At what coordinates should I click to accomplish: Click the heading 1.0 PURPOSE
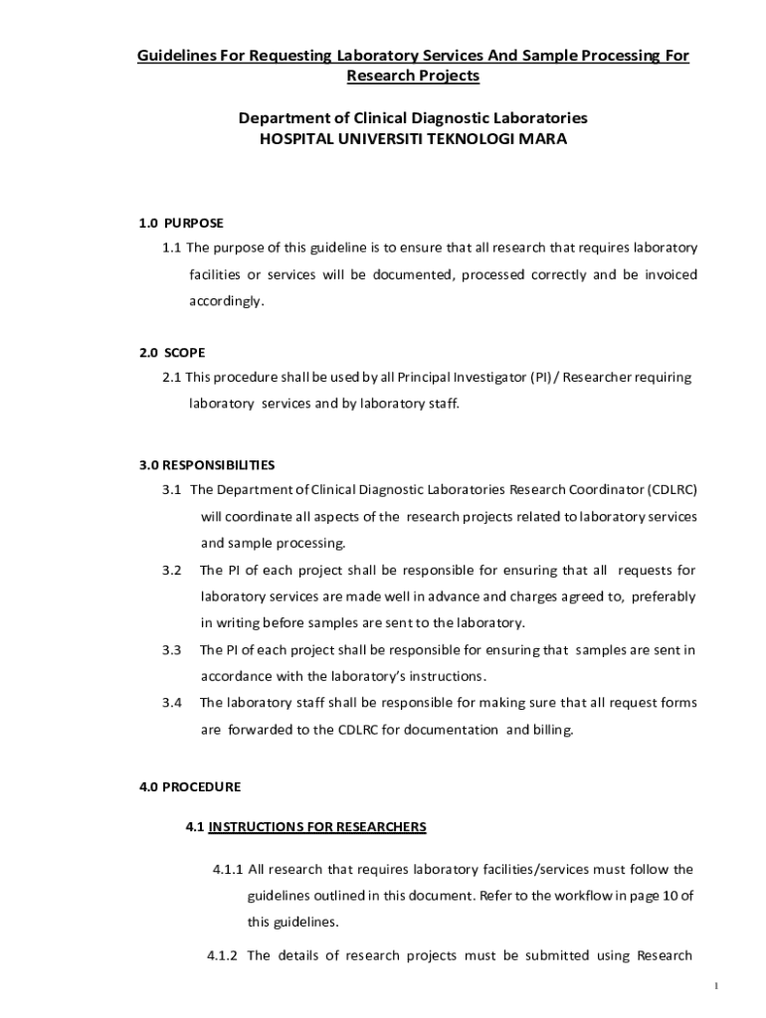click(181, 223)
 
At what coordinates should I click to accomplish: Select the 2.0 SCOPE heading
click(172, 353)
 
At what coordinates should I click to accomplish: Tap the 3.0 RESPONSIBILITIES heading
click(207, 464)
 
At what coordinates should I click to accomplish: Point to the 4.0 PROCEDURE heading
click(190, 786)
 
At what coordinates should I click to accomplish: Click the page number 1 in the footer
click(716, 986)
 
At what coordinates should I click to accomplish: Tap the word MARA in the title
click(544, 139)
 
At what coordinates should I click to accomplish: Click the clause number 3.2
click(172, 571)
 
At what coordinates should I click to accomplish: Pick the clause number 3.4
click(172, 703)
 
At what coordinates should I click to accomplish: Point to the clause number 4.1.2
click(223, 956)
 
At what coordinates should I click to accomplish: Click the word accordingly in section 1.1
click(228, 300)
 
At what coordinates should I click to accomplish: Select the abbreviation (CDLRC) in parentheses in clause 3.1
click(672, 490)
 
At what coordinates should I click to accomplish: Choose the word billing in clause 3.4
click(554, 730)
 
